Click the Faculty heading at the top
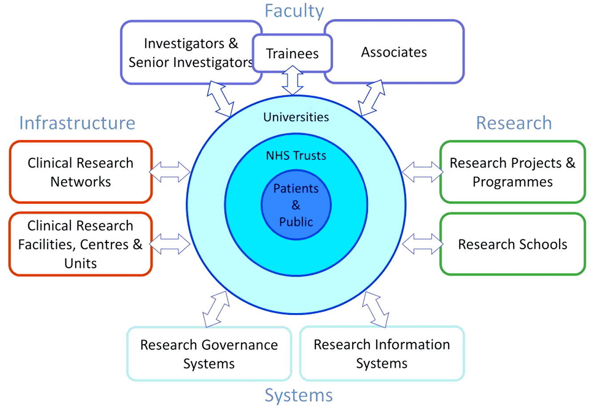pyautogui.click(x=294, y=11)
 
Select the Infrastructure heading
pyautogui.click(x=77, y=123)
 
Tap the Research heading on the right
pyautogui.click(x=514, y=123)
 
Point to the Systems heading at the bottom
pyautogui.click(x=298, y=395)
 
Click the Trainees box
pyautogui.click(x=292, y=53)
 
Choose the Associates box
pyautogui.click(x=394, y=52)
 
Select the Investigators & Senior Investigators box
pyautogui.click(x=190, y=52)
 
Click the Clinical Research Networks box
pyautogui.click(x=81, y=172)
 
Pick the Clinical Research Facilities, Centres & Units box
pyautogui.click(x=81, y=244)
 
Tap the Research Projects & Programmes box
pyautogui.click(x=512, y=172)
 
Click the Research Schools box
pyautogui.click(x=512, y=244)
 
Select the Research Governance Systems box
pyautogui.click(x=209, y=354)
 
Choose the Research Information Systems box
pyautogui.click(x=382, y=354)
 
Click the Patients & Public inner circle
pyautogui.click(x=296, y=205)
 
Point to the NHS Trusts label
pyautogui.click(x=296, y=156)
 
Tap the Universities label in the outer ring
pyautogui.click(x=296, y=117)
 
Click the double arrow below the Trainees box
pyautogui.click(x=293, y=80)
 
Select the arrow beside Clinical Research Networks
pyautogui.click(x=170, y=172)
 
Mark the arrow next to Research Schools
pyautogui.click(x=423, y=244)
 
